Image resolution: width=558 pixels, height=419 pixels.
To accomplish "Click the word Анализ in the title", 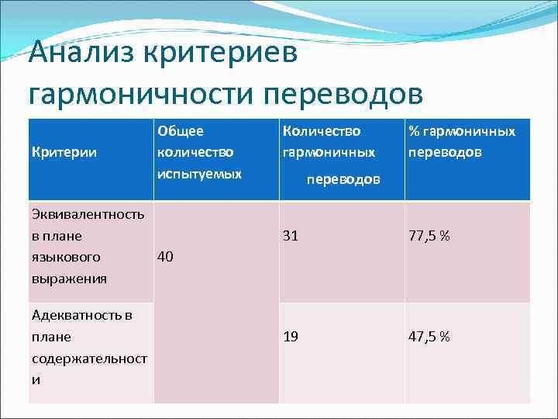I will tap(81, 56).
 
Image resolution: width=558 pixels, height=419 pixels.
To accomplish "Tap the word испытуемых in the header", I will tap(199, 174).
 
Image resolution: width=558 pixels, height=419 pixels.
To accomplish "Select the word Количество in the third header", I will tap(322, 132).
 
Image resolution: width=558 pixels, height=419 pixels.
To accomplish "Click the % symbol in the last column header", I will tap(414, 132).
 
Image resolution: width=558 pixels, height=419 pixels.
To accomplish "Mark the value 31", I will tap(291, 235).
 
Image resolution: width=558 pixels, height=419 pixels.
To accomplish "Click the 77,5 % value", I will tap(429, 235).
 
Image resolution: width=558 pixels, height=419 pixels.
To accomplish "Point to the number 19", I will tap(291, 336).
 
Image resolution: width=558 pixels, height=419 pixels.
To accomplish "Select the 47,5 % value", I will tap(429, 336).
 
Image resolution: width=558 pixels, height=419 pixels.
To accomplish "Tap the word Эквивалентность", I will tap(88, 214).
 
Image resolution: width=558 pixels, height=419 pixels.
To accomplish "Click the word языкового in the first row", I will tap(66, 256).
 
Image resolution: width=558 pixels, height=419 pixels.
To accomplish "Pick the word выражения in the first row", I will tap(70, 277).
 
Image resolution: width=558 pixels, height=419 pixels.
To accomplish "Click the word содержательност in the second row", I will tap(88, 358).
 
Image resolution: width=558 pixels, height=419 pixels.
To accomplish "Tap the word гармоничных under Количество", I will tap(329, 153).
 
